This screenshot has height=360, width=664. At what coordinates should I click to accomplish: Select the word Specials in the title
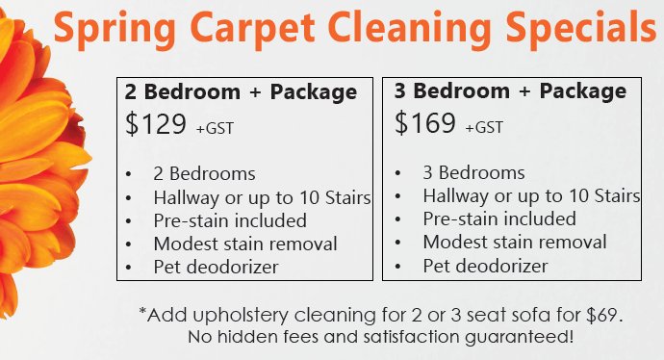point(581,28)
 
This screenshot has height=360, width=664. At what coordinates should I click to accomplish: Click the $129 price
point(157,123)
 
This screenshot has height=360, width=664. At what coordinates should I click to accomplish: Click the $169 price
point(425,123)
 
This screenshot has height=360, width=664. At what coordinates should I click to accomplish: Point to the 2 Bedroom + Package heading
point(241,92)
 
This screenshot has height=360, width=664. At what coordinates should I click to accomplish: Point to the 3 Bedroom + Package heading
point(510,92)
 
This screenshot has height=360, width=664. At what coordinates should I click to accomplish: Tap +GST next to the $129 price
point(214,127)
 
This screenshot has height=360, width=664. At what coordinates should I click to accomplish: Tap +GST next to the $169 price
point(484,127)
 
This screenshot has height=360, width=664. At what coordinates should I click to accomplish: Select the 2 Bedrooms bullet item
point(204,174)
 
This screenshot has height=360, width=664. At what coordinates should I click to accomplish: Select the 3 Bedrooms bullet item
point(473,173)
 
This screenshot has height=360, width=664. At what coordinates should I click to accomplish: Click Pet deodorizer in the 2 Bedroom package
point(216,266)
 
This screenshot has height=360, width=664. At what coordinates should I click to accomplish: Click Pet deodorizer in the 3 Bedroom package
point(485,265)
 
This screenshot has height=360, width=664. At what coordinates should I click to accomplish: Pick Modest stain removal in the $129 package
point(245,243)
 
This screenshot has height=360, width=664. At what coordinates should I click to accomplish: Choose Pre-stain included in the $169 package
point(499,219)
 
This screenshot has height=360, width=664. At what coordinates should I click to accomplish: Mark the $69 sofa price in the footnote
point(605,315)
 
